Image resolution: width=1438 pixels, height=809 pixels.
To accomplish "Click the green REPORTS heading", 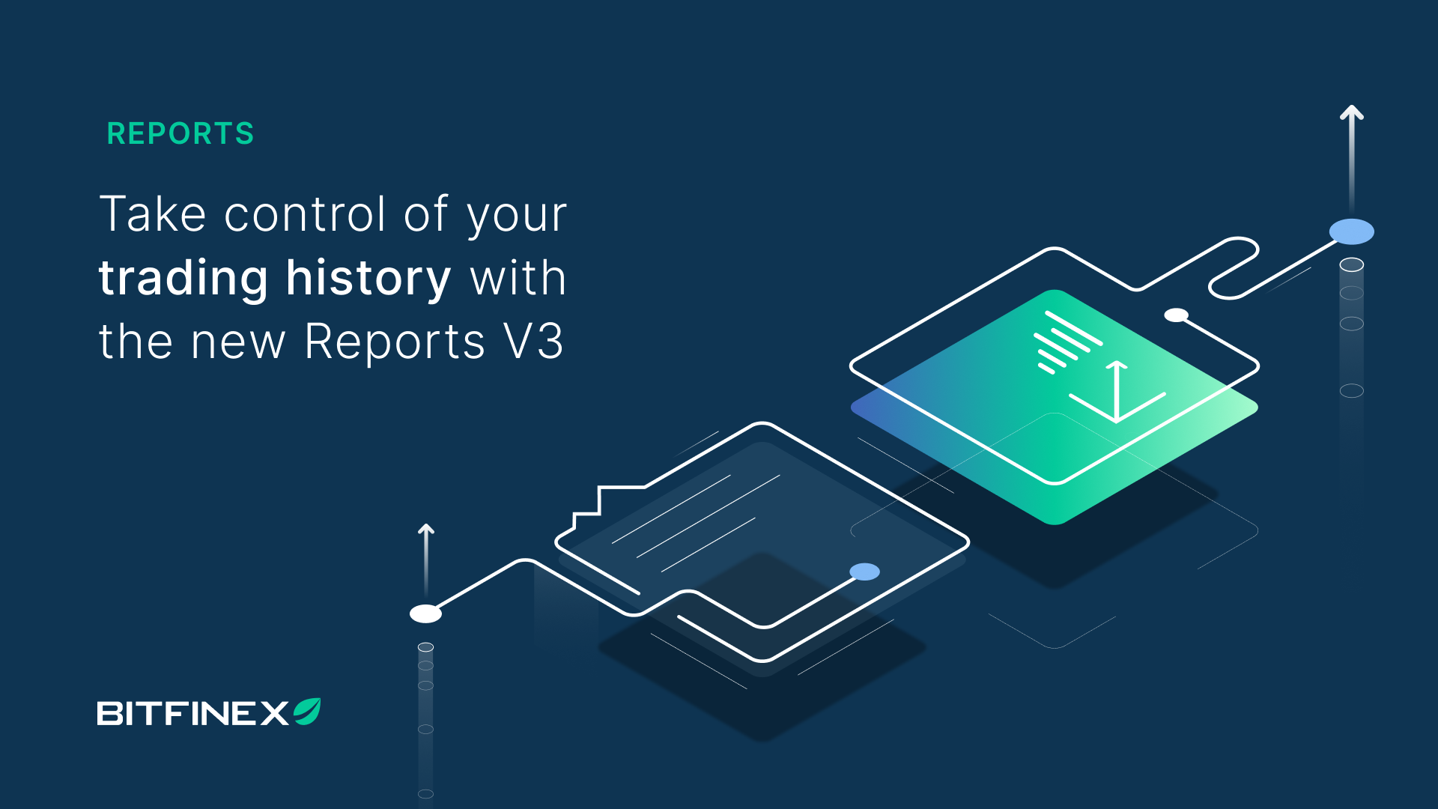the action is (180, 133).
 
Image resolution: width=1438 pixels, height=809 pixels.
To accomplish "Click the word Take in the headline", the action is (153, 214).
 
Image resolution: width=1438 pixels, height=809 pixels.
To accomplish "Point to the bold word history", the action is (368, 279).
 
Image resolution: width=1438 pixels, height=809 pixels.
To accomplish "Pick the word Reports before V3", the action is (395, 343).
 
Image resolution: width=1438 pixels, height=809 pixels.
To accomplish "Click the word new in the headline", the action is (238, 345).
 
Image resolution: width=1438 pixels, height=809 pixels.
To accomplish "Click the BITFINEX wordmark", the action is (192, 713).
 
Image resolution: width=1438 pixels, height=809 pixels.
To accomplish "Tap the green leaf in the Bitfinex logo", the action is (307, 711).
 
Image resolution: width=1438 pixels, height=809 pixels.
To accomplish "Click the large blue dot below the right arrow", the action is (1351, 231).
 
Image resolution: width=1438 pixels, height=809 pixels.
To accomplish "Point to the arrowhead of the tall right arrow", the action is (1351, 112).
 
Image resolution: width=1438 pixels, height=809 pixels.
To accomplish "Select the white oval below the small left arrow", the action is (425, 613).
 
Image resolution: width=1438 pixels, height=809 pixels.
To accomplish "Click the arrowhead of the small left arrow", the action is (426, 529).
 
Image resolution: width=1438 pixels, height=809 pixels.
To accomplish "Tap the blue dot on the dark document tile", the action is (864, 572).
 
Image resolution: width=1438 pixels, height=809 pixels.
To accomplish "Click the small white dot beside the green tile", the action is (1176, 315).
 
